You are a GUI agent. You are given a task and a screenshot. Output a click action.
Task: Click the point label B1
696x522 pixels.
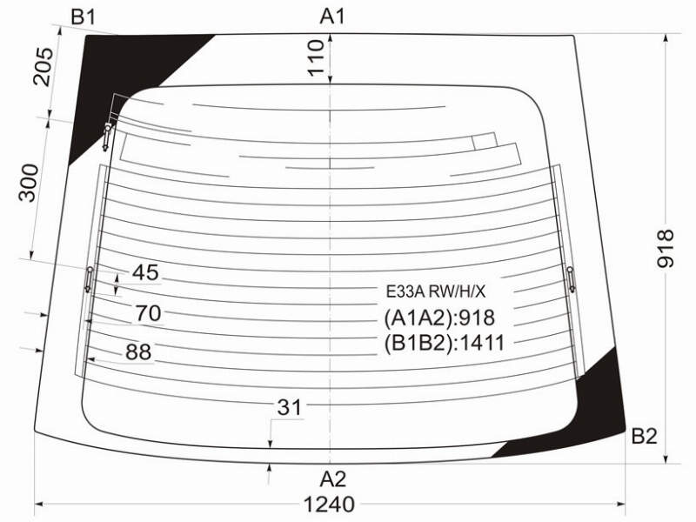point(83,17)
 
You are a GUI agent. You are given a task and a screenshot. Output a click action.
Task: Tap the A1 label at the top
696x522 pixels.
point(332,17)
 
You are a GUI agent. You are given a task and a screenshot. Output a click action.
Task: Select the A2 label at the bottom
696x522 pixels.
point(333,479)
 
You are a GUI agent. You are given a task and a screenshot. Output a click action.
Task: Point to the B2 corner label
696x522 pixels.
point(644,437)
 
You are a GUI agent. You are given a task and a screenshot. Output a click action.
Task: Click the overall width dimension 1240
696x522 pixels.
point(329,505)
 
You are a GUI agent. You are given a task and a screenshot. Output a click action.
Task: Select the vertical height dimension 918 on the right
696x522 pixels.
point(666,249)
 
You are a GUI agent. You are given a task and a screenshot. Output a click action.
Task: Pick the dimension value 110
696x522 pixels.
point(316,57)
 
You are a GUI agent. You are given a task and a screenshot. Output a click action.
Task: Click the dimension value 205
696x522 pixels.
point(43,67)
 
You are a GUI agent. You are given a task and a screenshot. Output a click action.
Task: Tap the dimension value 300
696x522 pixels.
point(29,183)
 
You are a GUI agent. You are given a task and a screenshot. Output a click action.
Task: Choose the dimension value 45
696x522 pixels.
point(145,272)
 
